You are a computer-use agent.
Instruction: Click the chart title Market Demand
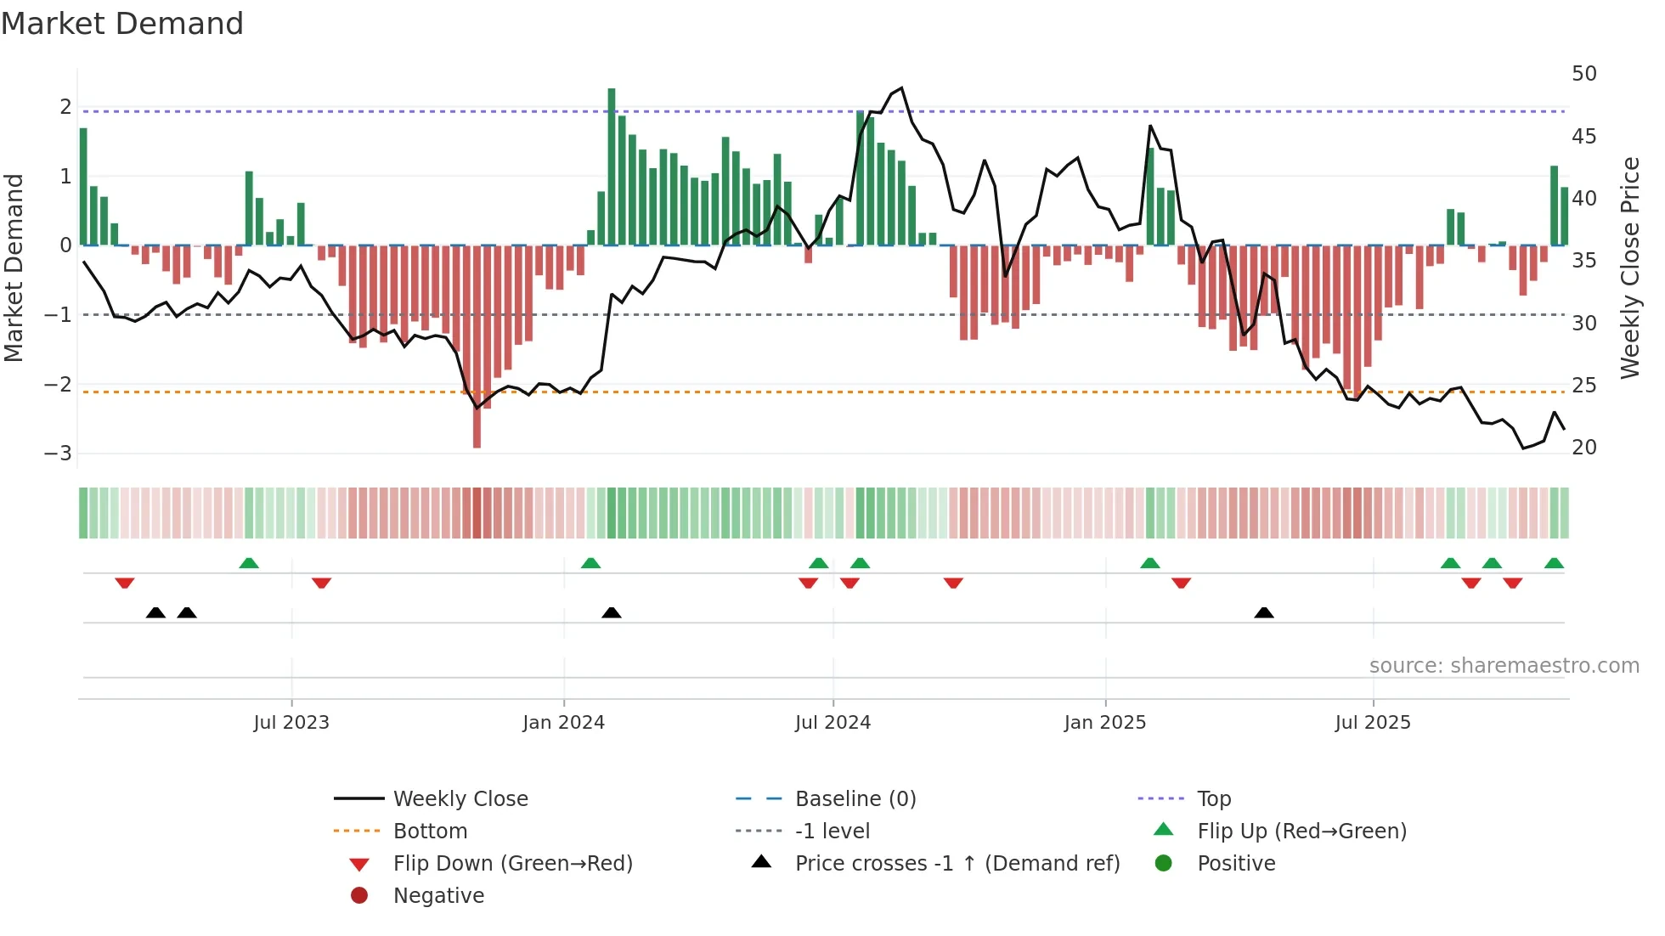point(122,24)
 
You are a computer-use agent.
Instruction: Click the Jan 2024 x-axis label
point(563,723)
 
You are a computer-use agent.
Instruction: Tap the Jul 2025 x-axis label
point(1372,723)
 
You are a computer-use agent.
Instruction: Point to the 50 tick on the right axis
point(1583,74)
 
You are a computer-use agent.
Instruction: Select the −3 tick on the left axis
point(59,453)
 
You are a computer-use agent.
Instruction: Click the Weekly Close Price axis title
point(1629,268)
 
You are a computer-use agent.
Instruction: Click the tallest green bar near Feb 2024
point(612,166)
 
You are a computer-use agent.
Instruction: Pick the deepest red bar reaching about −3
point(477,347)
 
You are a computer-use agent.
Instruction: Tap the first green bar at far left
point(83,187)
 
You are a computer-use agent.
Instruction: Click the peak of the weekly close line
point(901,88)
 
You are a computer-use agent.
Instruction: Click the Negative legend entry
point(438,895)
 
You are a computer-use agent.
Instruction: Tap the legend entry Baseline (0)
point(855,798)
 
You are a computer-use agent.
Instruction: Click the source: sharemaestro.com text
point(1504,665)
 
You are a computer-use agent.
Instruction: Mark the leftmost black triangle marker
point(155,612)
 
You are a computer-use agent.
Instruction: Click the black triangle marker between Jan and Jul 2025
point(1264,612)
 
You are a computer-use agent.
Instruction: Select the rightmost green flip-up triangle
point(1554,563)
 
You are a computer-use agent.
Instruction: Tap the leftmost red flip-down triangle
point(125,583)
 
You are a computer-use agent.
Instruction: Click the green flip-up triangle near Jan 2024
point(590,563)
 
